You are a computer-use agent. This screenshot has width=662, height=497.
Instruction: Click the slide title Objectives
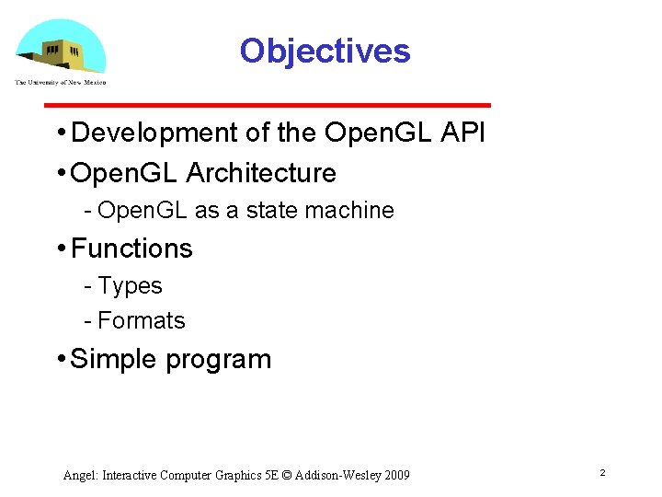(x=325, y=51)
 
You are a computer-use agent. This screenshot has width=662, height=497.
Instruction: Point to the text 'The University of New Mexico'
(x=61, y=82)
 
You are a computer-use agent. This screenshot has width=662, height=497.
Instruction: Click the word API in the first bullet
(x=462, y=133)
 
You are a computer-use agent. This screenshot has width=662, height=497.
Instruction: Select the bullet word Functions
(x=131, y=248)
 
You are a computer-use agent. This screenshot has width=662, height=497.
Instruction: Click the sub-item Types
(x=130, y=286)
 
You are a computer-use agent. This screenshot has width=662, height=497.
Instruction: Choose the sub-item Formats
(x=141, y=321)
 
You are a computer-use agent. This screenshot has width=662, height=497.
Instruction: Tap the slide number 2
(x=602, y=472)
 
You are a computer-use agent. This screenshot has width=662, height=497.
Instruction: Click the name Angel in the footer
(x=80, y=475)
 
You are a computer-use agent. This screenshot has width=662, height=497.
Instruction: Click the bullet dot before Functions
(x=60, y=248)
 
